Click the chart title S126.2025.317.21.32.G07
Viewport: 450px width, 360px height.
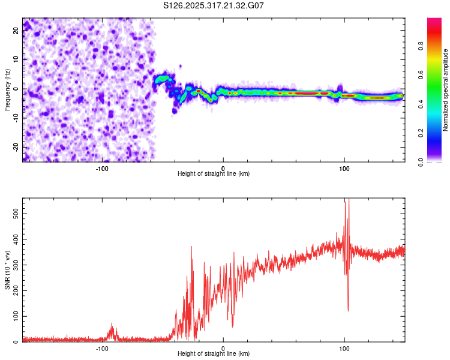(214, 5)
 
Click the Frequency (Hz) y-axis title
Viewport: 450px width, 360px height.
(7, 89)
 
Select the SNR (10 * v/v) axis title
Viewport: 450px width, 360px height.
(7, 271)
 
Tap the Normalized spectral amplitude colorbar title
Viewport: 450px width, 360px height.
(445, 91)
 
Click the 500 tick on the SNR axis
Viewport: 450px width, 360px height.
(14, 213)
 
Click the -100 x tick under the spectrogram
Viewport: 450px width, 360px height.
(102, 169)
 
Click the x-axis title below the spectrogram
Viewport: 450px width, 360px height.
(214, 174)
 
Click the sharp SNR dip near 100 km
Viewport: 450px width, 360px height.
(348, 309)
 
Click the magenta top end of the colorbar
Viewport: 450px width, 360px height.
(434, 21)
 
